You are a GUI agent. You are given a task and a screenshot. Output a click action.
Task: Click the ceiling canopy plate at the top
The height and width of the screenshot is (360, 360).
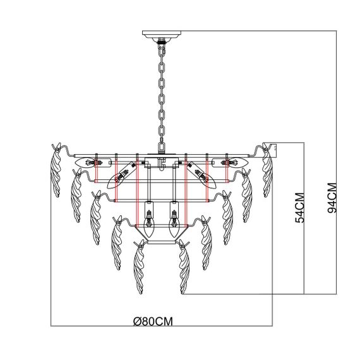[162, 35]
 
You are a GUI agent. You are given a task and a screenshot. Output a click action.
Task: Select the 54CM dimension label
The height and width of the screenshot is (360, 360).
[300, 207]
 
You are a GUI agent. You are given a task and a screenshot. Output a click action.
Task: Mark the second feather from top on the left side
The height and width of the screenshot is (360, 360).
[74, 193]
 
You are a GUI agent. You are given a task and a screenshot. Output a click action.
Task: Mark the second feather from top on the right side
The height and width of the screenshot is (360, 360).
[248, 193]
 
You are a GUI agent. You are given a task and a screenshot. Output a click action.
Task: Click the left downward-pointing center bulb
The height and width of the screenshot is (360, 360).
[150, 220]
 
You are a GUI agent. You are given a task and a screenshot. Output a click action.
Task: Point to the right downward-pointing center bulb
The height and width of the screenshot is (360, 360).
[173, 220]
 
